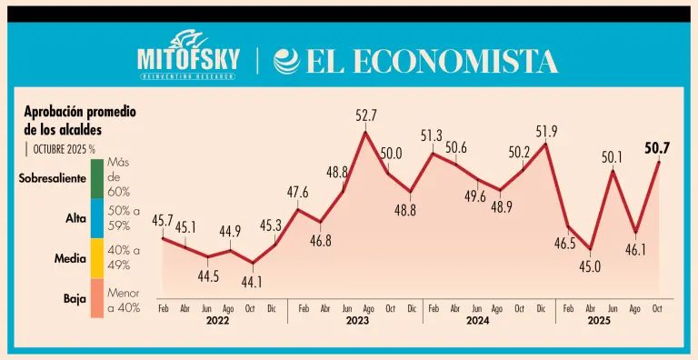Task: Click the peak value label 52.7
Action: tap(366, 115)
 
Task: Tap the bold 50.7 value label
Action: tap(657, 147)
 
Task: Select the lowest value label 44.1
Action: tap(252, 282)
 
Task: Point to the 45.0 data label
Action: tap(589, 266)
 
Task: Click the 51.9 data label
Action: tap(546, 132)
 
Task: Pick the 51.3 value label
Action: tap(432, 135)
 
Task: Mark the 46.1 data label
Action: tap(634, 249)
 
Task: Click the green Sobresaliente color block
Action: tap(97, 179)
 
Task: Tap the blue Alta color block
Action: tap(97, 218)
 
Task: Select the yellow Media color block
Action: tap(97, 258)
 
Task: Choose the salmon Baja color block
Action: tap(97, 298)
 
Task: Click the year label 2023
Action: tap(356, 321)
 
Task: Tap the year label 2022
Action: tap(218, 321)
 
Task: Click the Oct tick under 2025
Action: tap(656, 308)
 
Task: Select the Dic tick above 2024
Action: tap(542, 308)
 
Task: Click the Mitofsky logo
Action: tap(188, 55)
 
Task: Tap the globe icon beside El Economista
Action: tap(286, 61)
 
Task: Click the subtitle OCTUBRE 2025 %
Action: tap(65, 149)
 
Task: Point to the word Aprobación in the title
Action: tap(53, 112)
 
